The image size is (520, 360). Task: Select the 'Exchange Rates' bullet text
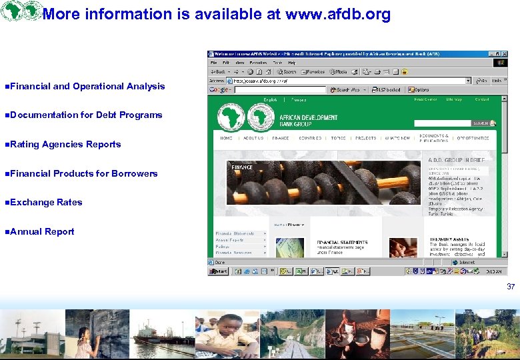46,202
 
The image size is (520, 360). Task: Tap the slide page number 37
511,287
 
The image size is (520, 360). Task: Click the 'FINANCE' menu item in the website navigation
281,138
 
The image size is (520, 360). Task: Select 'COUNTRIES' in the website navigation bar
310,138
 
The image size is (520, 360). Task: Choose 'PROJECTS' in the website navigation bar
365,138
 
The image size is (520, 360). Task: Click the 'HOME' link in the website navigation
227,138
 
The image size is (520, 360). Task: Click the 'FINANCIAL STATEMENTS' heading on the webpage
342,242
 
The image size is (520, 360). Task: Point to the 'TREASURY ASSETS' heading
449,239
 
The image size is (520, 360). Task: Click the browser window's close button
504,54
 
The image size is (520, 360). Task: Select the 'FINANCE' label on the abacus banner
242,167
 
